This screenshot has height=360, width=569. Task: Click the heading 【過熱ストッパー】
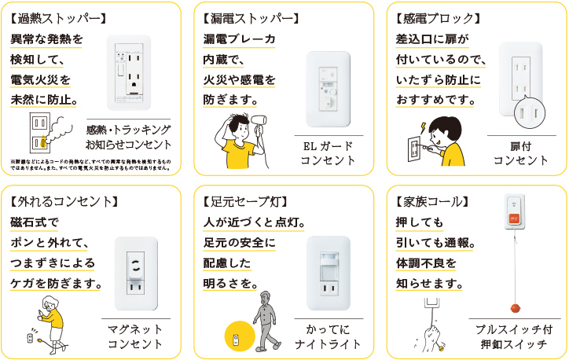[x=56, y=17]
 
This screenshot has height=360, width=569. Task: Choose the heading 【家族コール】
[x=434, y=201]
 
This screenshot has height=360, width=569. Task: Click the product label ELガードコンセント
[x=328, y=153]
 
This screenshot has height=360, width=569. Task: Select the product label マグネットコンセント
[x=134, y=336]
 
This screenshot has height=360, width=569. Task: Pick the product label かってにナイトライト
[x=328, y=336]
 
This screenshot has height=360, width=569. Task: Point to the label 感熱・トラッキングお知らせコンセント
[x=128, y=136]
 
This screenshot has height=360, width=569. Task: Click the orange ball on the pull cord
[x=517, y=307]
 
